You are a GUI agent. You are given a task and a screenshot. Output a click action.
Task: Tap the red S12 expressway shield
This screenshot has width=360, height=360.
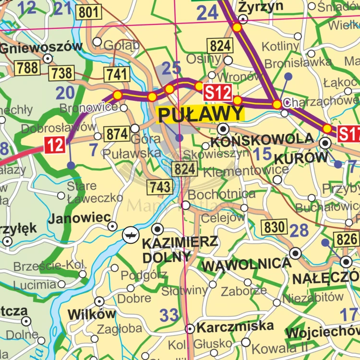(x=217, y=92)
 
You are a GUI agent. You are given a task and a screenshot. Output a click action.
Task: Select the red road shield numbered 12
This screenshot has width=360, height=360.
(x=55, y=145)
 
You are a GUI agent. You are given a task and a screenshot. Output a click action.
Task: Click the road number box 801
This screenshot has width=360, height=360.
(x=89, y=12)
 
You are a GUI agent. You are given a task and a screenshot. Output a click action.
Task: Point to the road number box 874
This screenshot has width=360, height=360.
(x=117, y=134)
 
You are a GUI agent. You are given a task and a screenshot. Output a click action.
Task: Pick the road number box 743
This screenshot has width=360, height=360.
(x=160, y=187)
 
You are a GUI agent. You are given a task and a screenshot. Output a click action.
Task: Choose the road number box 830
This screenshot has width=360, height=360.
(x=274, y=227)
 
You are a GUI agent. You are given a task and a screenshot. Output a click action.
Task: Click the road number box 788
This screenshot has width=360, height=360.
(x=27, y=68)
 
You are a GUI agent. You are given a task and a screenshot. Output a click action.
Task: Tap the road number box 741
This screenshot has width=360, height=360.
(x=117, y=74)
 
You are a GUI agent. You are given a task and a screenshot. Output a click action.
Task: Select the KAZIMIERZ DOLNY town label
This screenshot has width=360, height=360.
(x=180, y=249)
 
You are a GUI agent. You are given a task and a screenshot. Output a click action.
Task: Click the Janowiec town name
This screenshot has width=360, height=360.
(x=79, y=218)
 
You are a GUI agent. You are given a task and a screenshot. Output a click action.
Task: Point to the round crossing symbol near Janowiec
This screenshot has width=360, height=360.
(x=130, y=235)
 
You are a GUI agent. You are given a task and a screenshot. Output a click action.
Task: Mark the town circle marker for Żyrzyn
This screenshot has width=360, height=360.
(x=243, y=19)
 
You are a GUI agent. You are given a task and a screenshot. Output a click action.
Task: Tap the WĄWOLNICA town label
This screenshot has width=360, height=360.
(x=246, y=264)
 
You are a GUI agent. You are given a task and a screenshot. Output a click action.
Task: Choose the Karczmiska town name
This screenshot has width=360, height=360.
(x=235, y=327)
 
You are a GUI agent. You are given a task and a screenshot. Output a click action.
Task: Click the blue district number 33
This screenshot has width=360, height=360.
(x=169, y=315)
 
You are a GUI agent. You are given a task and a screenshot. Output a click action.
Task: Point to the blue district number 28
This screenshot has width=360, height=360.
(x=299, y=230)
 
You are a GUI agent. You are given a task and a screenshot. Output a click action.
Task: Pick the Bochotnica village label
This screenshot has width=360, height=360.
(x=221, y=194)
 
